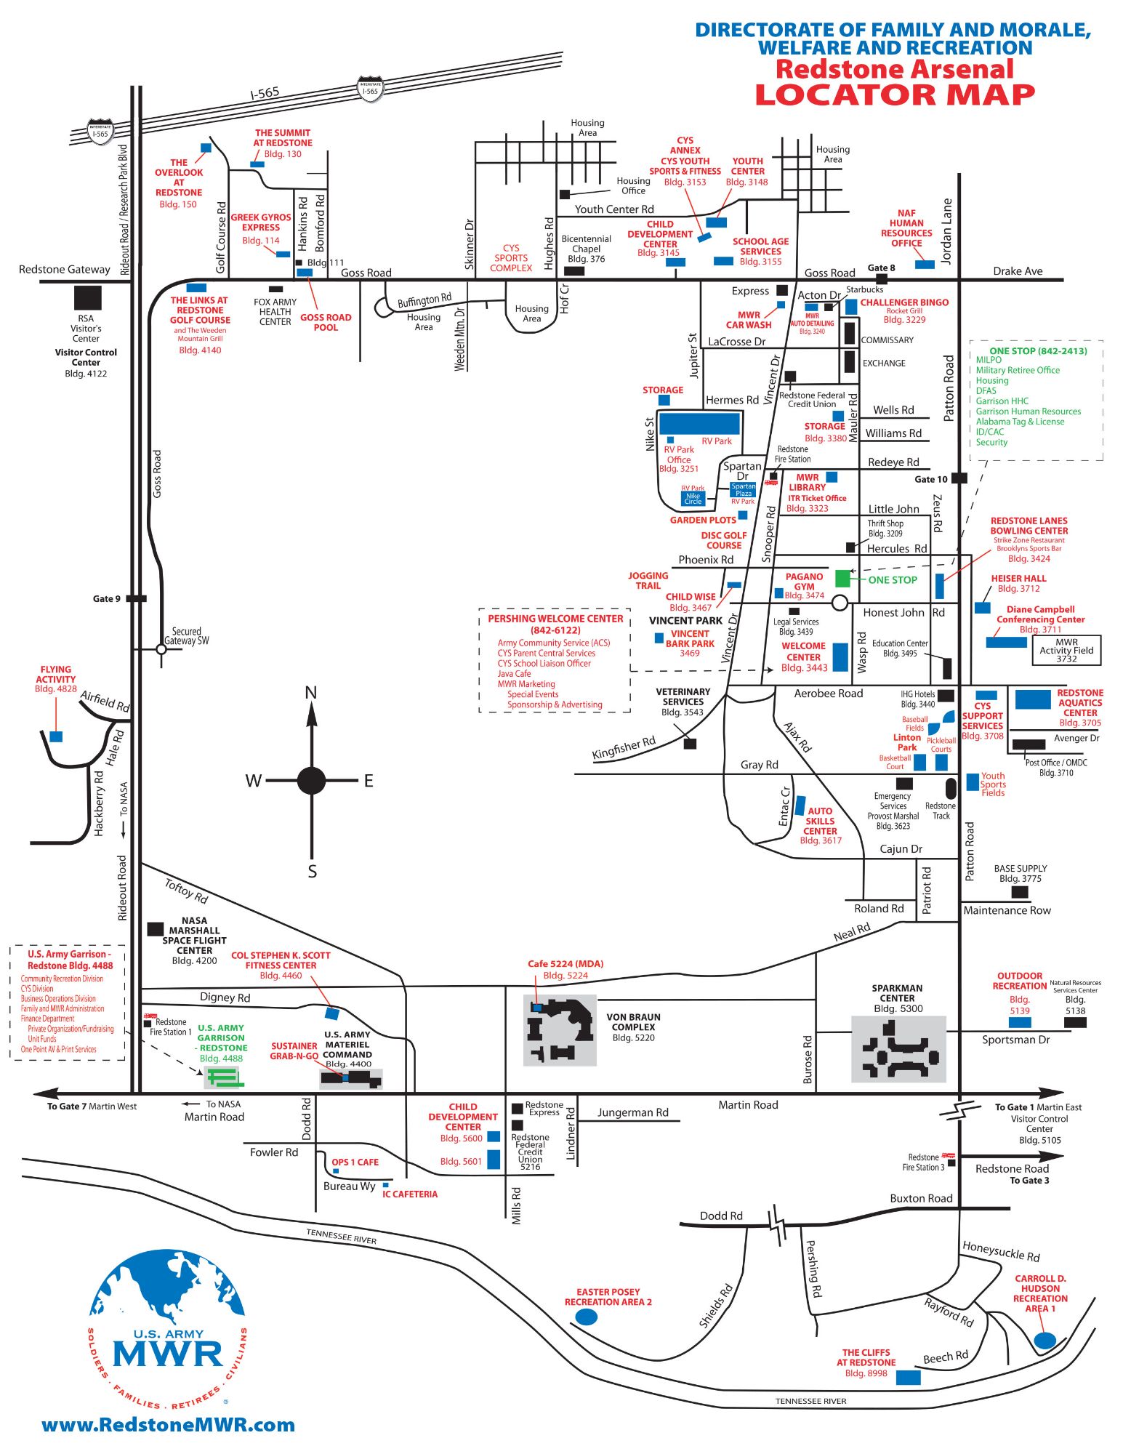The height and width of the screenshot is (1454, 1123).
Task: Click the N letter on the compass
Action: click(x=311, y=693)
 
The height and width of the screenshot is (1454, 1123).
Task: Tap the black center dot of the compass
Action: click(x=311, y=781)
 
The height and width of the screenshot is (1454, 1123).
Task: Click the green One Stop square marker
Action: click(x=842, y=579)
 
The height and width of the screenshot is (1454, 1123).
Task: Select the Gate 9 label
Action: click(x=107, y=599)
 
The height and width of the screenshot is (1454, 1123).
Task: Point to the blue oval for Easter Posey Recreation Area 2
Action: click(x=586, y=1317)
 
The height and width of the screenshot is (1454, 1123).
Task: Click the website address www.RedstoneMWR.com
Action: click(x=169, y=1426)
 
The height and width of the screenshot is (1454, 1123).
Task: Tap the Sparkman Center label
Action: click(x=897, y=993)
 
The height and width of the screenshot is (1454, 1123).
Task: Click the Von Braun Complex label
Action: click(x=633, y=1022)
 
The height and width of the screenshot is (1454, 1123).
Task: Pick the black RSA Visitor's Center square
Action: click(x=88, y=297)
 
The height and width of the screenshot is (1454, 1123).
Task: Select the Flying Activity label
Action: click(x=56, y=674)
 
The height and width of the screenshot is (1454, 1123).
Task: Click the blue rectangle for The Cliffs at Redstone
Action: click(x=908, y=1377)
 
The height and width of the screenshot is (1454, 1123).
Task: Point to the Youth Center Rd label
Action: click(x=614, y=209)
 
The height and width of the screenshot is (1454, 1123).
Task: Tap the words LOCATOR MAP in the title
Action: click(x=895, y=95)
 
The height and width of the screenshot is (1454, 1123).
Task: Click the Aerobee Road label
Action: click(x=829, y=694)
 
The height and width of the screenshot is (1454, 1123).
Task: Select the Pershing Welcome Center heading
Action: click(x=555, y=624)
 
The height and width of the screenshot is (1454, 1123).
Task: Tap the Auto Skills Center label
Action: click(x=820, y=821)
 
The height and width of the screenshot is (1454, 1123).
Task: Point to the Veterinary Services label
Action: click(x=683, y=696)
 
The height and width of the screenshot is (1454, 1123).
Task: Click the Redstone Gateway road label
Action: click(x=65, y=270)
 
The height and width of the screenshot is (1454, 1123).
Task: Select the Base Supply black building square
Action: click(x=1020, y=891)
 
